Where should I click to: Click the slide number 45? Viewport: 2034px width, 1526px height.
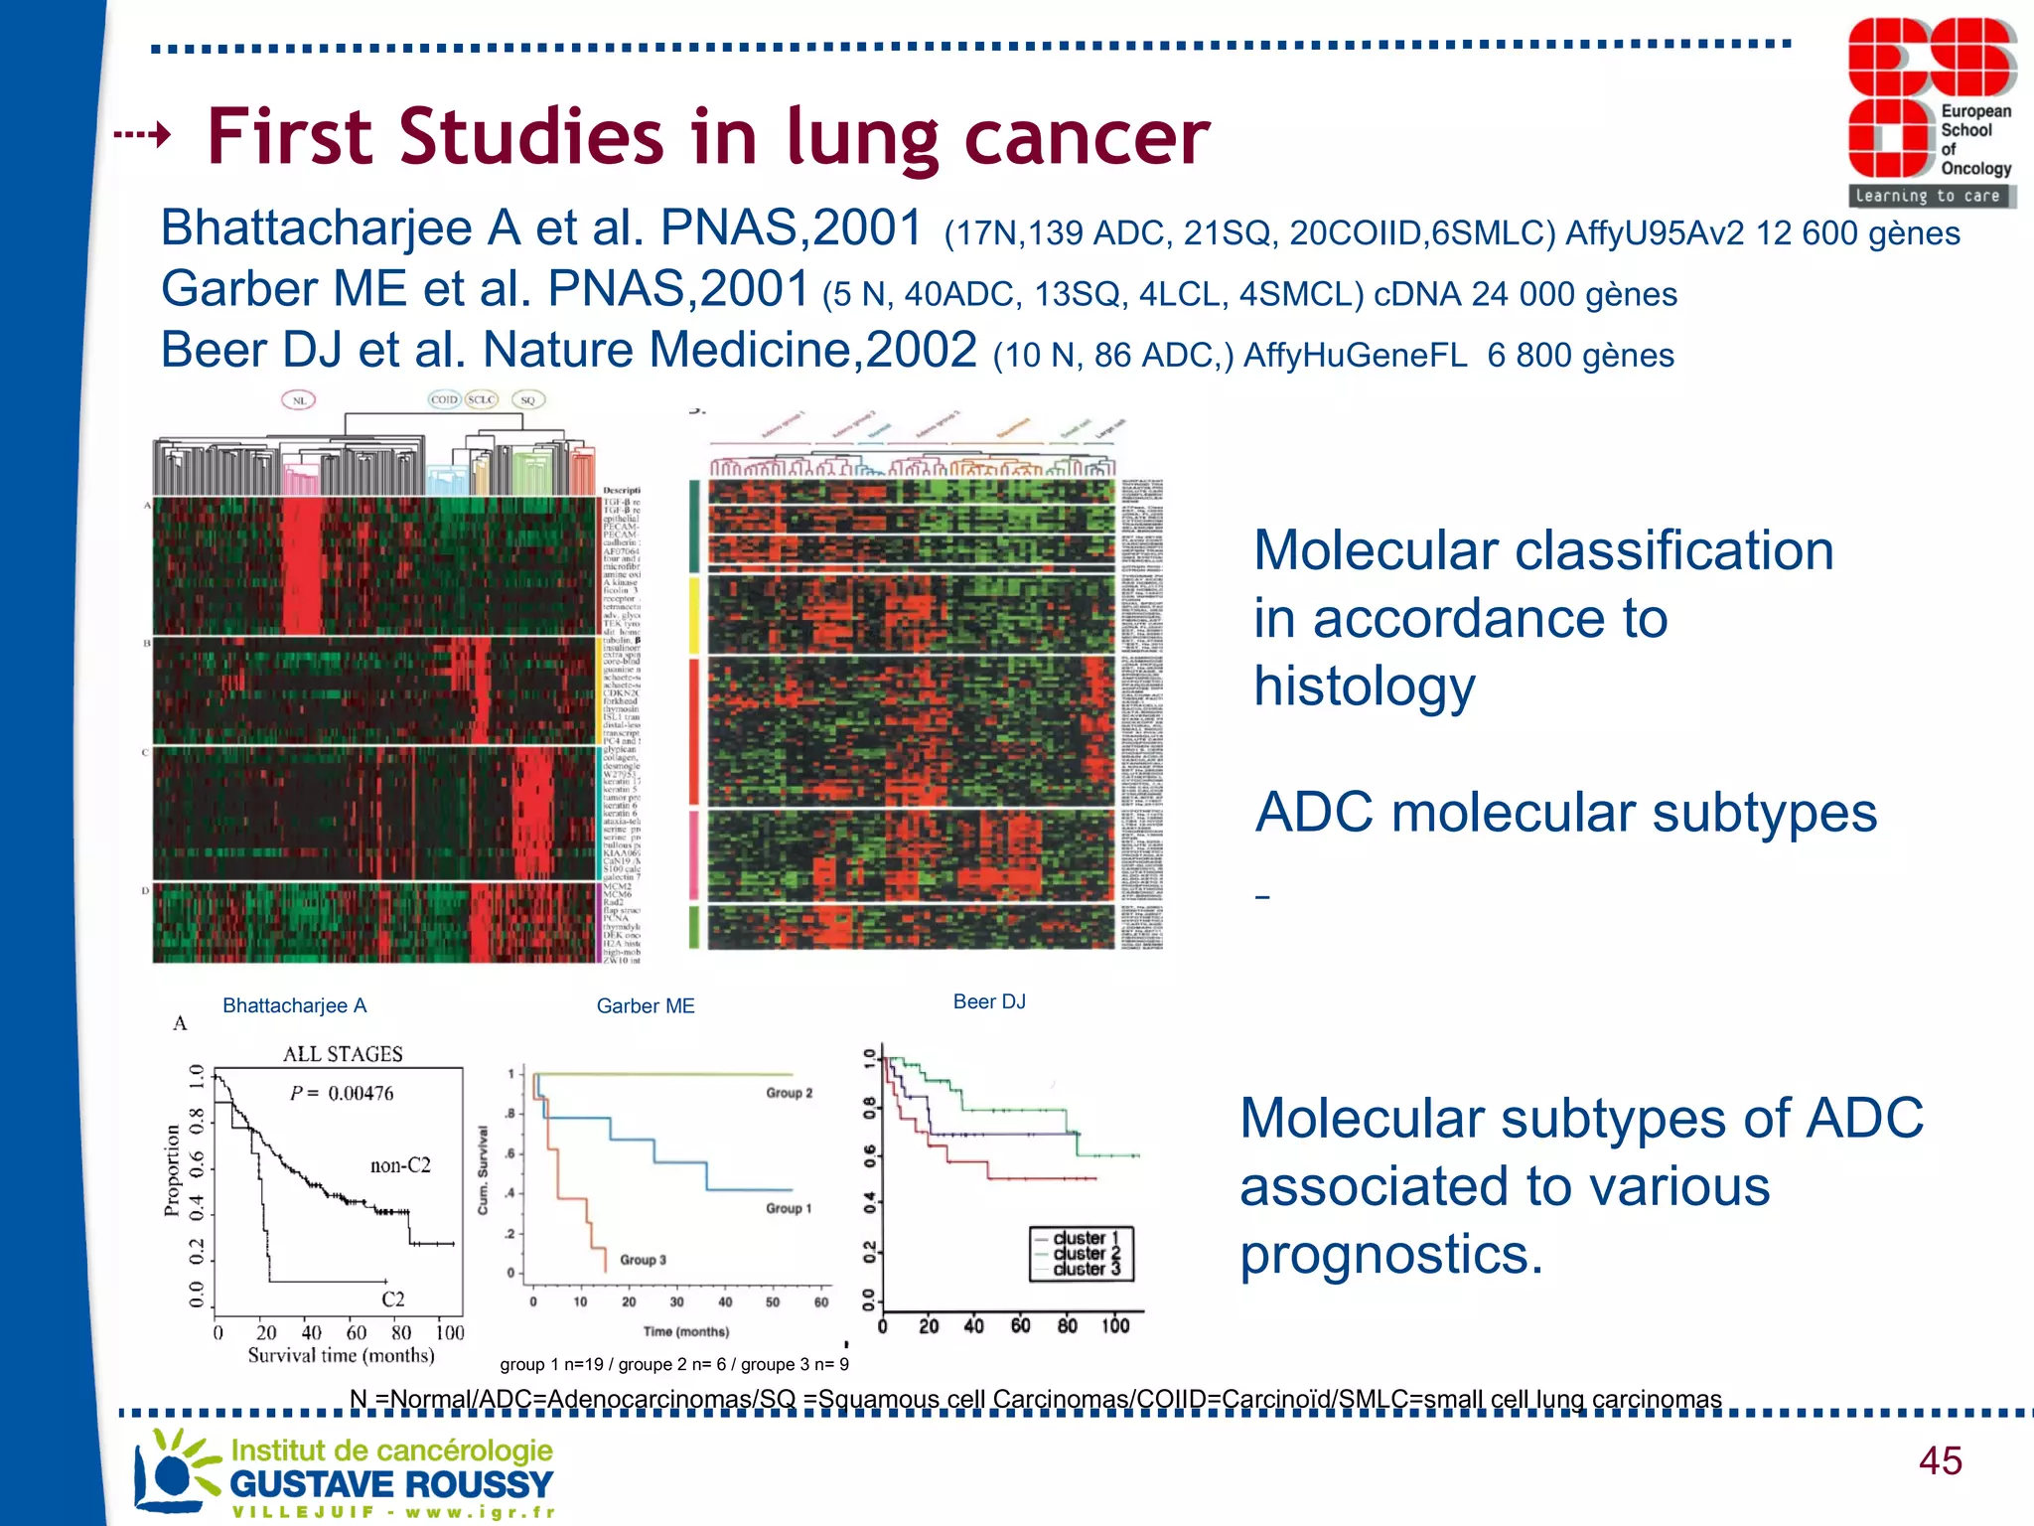pos(1940,1460)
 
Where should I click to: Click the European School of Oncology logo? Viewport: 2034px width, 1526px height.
pos(1930,111)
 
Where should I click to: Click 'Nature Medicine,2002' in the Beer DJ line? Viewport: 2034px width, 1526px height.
pos(729,351)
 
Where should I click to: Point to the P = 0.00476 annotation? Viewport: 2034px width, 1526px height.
pos(342,1094)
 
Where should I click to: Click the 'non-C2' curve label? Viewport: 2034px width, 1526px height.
pos(400,1165)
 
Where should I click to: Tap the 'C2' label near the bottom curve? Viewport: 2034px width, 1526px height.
pos(393,1299)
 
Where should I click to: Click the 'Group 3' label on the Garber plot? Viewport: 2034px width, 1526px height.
pos(643,1260)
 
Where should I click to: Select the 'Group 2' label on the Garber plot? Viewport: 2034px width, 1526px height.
pos(789,1093)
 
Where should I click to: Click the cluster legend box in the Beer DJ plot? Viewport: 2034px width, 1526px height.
pos(1081,1254)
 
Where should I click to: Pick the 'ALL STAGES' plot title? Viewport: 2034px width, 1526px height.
pos(343,1054)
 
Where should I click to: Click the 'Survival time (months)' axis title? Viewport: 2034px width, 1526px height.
pos(341,1356)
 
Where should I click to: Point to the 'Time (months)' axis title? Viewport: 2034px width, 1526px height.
pos(685,1331)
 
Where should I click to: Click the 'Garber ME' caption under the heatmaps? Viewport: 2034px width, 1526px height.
pos(646,1006)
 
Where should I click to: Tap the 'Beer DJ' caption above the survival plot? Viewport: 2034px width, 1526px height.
pos(989,1001)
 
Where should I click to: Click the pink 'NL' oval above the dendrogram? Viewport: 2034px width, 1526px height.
pos(299,400)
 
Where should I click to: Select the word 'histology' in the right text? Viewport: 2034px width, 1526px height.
pos(1364,687)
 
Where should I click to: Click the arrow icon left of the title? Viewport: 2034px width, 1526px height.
pos(143,134)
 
